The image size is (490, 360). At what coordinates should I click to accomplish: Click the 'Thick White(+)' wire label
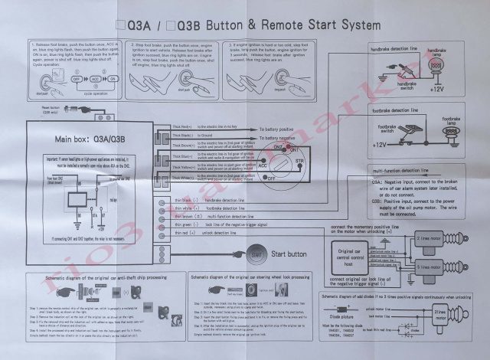(184, 178)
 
